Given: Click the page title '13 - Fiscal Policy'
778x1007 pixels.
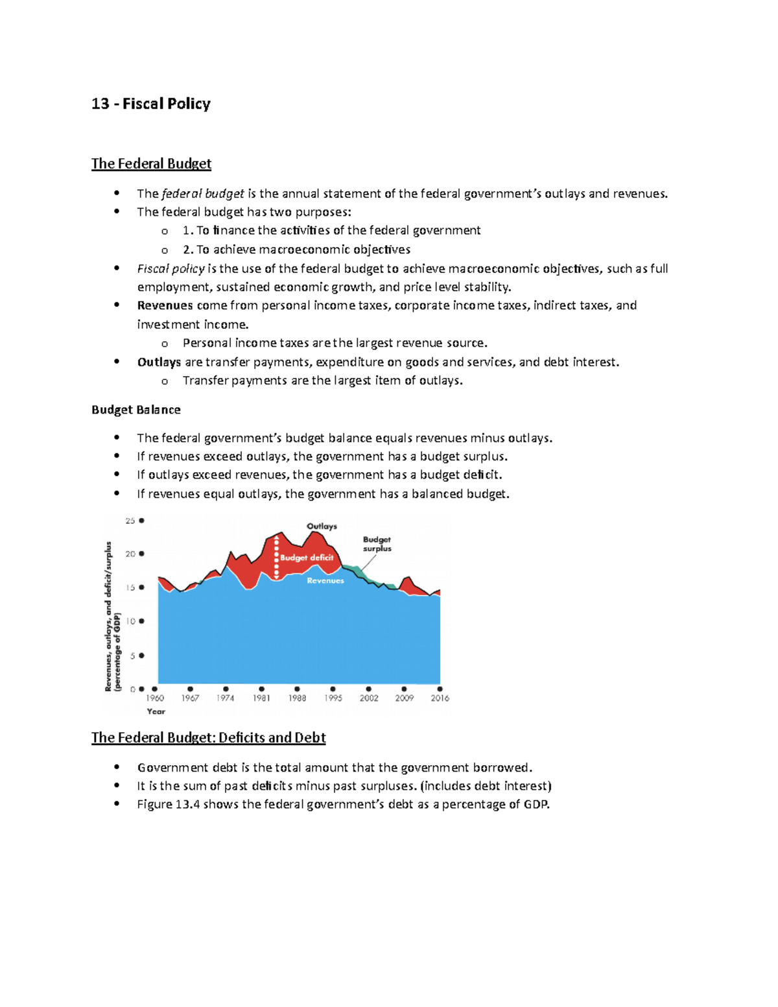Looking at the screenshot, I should pyautogui.click(x=151, y=104).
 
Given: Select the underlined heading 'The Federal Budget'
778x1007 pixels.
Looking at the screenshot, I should pyautogui.click(x=151, y=163).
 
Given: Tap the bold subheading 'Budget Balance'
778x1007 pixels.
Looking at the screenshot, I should pyautogui.click(x=136, y=410).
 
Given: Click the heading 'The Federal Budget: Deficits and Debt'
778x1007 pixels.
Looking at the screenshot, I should pyautogui.click(x=208, y=737).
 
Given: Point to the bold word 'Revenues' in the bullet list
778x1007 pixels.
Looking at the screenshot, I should pyautogui.click(x=165, y=305).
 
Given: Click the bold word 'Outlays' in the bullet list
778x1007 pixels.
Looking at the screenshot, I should pyautogui.click(x=159, y=362).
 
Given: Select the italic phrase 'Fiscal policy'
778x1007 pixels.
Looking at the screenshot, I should pyautogui.click(x=171, y=268).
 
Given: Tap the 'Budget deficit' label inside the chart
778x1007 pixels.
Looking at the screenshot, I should pyautogui.click(x=307, y=558).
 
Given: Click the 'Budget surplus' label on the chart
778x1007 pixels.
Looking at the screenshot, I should pyautogui.click(x=377, y=544).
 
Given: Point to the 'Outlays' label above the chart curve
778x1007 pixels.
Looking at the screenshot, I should pyautogui.click(x=322, y=527).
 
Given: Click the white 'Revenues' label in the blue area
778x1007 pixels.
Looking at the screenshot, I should pyautogui.click(x=325, y=580).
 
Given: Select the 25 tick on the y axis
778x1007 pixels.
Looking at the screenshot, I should pyautogui.click(x=130, y=521).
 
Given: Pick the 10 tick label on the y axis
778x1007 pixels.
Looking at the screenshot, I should pyautogui.click(x=130, y=621).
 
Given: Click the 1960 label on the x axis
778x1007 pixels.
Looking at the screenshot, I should pyautogui.click(x=155, y=698).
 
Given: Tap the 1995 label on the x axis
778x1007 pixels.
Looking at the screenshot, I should pyautogui.click(x=333, y=698).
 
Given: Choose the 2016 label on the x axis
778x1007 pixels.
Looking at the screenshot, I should pyautogui.click(x=440, y=698).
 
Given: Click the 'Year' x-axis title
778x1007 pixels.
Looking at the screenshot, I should pyautogui.click(x=156, y=711).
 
